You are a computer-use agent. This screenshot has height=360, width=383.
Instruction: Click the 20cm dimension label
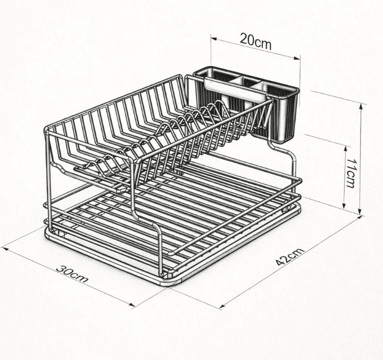click(x=256, y=40)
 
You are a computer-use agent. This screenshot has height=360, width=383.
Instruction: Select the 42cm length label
click(x=289, y=257)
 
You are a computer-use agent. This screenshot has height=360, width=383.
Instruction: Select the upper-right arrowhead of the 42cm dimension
click(x=360, y=217)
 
